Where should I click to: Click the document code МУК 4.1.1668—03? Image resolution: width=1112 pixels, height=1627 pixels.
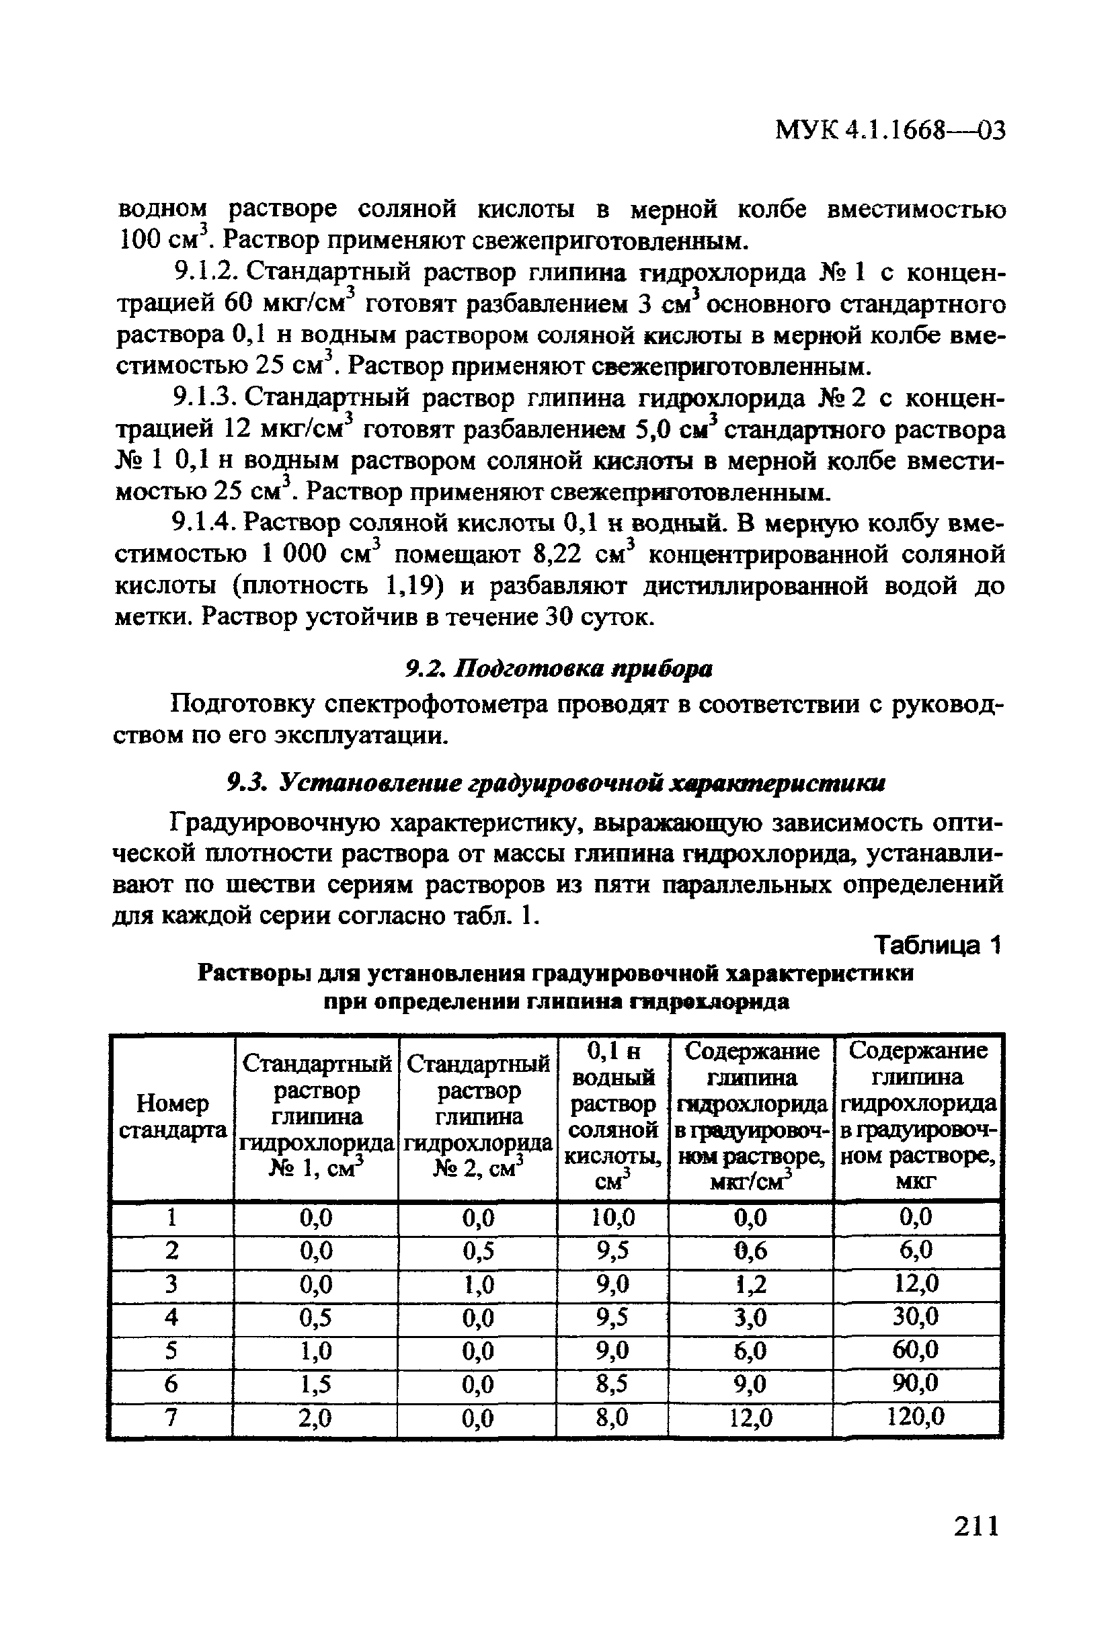point(890,130)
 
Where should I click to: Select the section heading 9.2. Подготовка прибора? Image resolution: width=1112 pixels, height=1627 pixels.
point(559,669)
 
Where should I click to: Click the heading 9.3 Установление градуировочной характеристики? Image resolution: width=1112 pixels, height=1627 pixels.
point(557,784)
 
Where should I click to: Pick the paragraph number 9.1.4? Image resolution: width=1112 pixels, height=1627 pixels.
point(203,522)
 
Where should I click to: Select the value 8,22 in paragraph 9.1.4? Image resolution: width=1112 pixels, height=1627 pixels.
point(557,554)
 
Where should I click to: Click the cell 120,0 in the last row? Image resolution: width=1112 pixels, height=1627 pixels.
point(916,1418)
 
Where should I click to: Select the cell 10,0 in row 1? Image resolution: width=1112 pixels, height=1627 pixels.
point(612,1218)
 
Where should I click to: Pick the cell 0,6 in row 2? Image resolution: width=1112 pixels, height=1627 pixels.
point(750,1251)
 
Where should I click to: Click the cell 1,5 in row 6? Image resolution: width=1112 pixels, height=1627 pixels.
point(315,1384)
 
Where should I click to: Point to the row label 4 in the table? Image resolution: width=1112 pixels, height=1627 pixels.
point(171,1318)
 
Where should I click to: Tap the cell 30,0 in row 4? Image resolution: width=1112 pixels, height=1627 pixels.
point(916,1318)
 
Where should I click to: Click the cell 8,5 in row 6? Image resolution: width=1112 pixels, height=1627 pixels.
point(612,1384)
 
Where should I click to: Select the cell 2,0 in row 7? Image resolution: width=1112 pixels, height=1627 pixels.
point(315,1418)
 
